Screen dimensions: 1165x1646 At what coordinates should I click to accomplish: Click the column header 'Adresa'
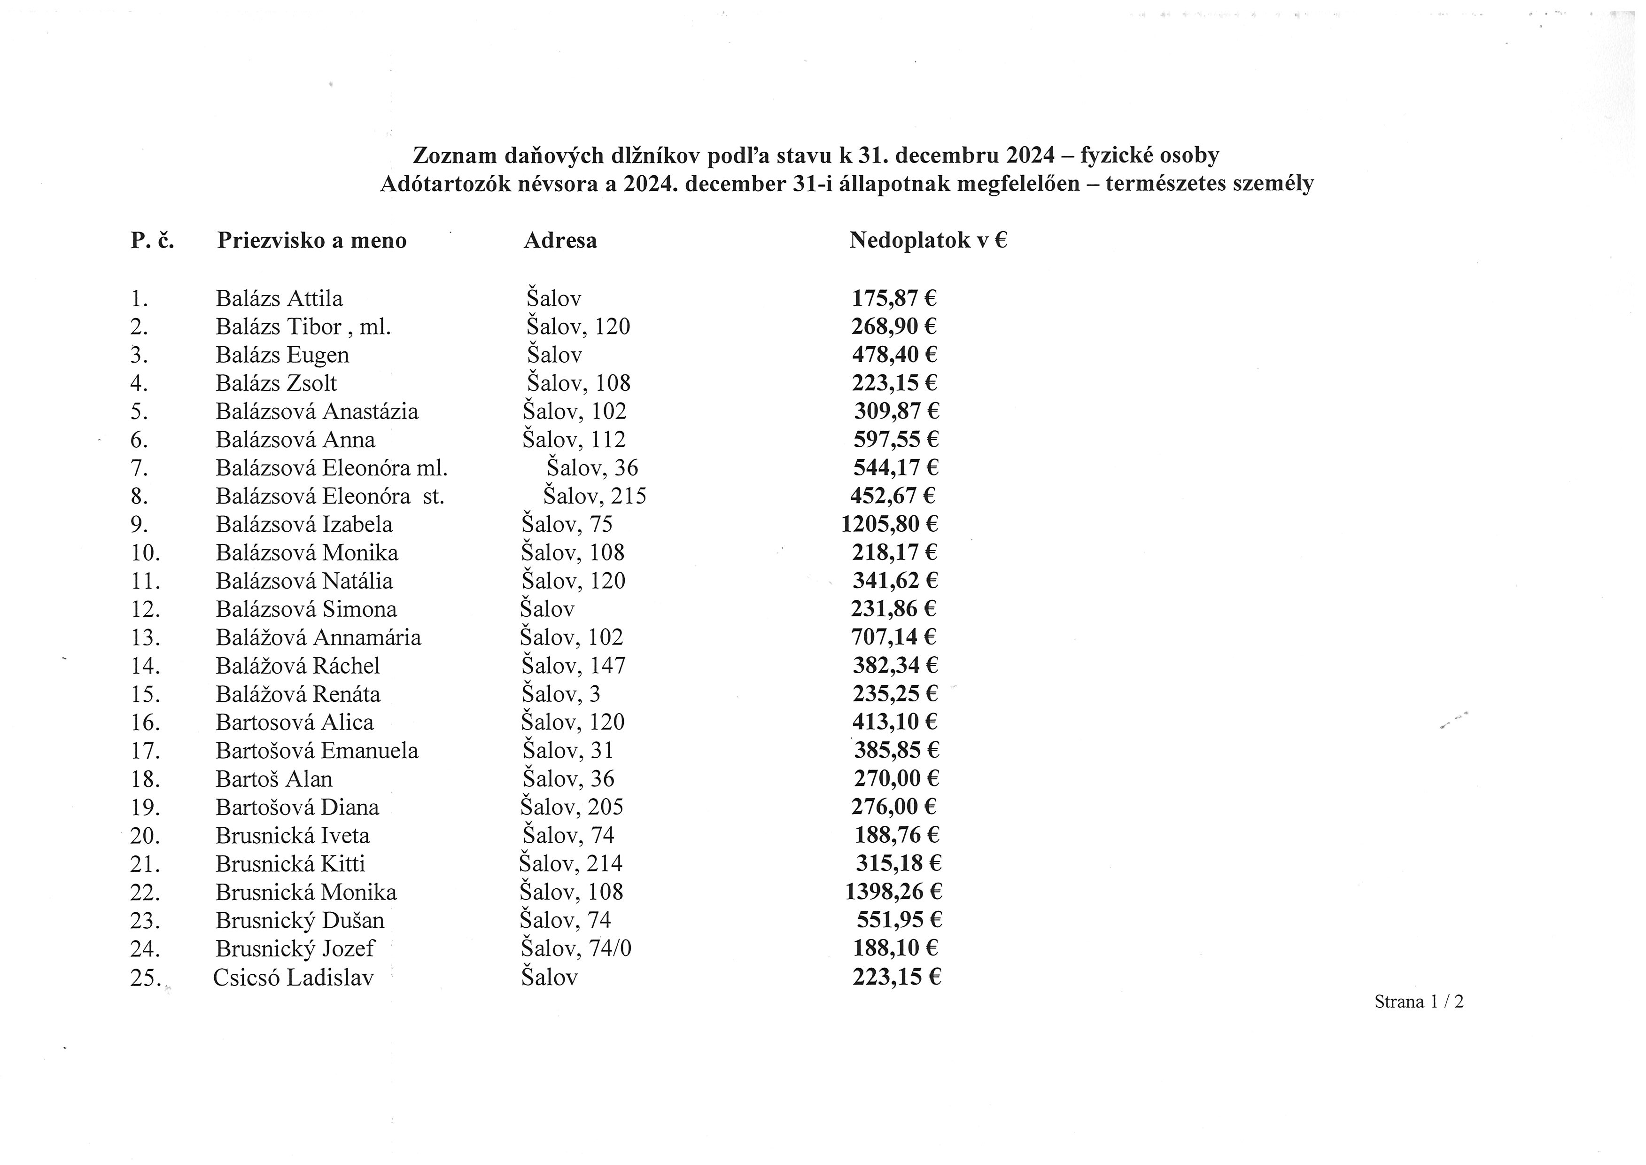point(559,241)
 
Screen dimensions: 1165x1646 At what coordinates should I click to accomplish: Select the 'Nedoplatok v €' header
point(928,241)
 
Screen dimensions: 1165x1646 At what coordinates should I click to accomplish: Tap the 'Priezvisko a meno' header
point(312,241)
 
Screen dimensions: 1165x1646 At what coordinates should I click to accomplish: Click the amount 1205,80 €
point(889,524)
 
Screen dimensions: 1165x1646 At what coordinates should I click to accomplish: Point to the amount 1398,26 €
point(893,892)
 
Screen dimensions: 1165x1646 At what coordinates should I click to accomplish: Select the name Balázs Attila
point(279,298)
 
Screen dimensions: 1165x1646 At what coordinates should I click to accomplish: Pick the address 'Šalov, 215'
point(595,496)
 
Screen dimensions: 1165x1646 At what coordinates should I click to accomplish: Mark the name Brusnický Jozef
point(295,948)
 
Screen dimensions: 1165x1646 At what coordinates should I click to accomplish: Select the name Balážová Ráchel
point(298,666)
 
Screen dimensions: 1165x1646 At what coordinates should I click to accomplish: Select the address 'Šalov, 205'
point(572,807)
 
